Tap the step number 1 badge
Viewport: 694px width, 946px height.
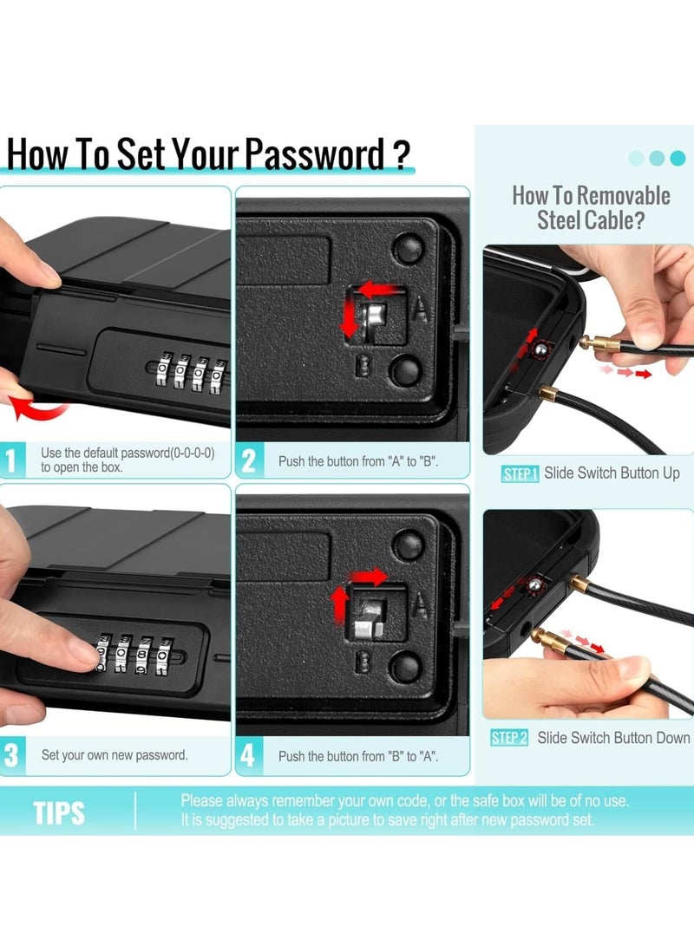11,460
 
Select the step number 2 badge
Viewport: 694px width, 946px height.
249,460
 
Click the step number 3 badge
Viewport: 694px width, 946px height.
11,754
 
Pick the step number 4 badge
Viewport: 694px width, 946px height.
248,754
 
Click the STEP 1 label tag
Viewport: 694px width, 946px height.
520,474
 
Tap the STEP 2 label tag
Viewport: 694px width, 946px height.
509,738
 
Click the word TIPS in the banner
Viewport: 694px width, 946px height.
59,812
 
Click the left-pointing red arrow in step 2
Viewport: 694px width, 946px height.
377,290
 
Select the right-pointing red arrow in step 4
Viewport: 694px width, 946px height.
370,577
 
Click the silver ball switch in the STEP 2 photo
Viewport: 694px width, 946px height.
534,584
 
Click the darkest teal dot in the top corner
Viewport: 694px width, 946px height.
678,158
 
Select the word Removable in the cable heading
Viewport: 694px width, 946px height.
624,195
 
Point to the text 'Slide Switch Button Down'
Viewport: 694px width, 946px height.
613,738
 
